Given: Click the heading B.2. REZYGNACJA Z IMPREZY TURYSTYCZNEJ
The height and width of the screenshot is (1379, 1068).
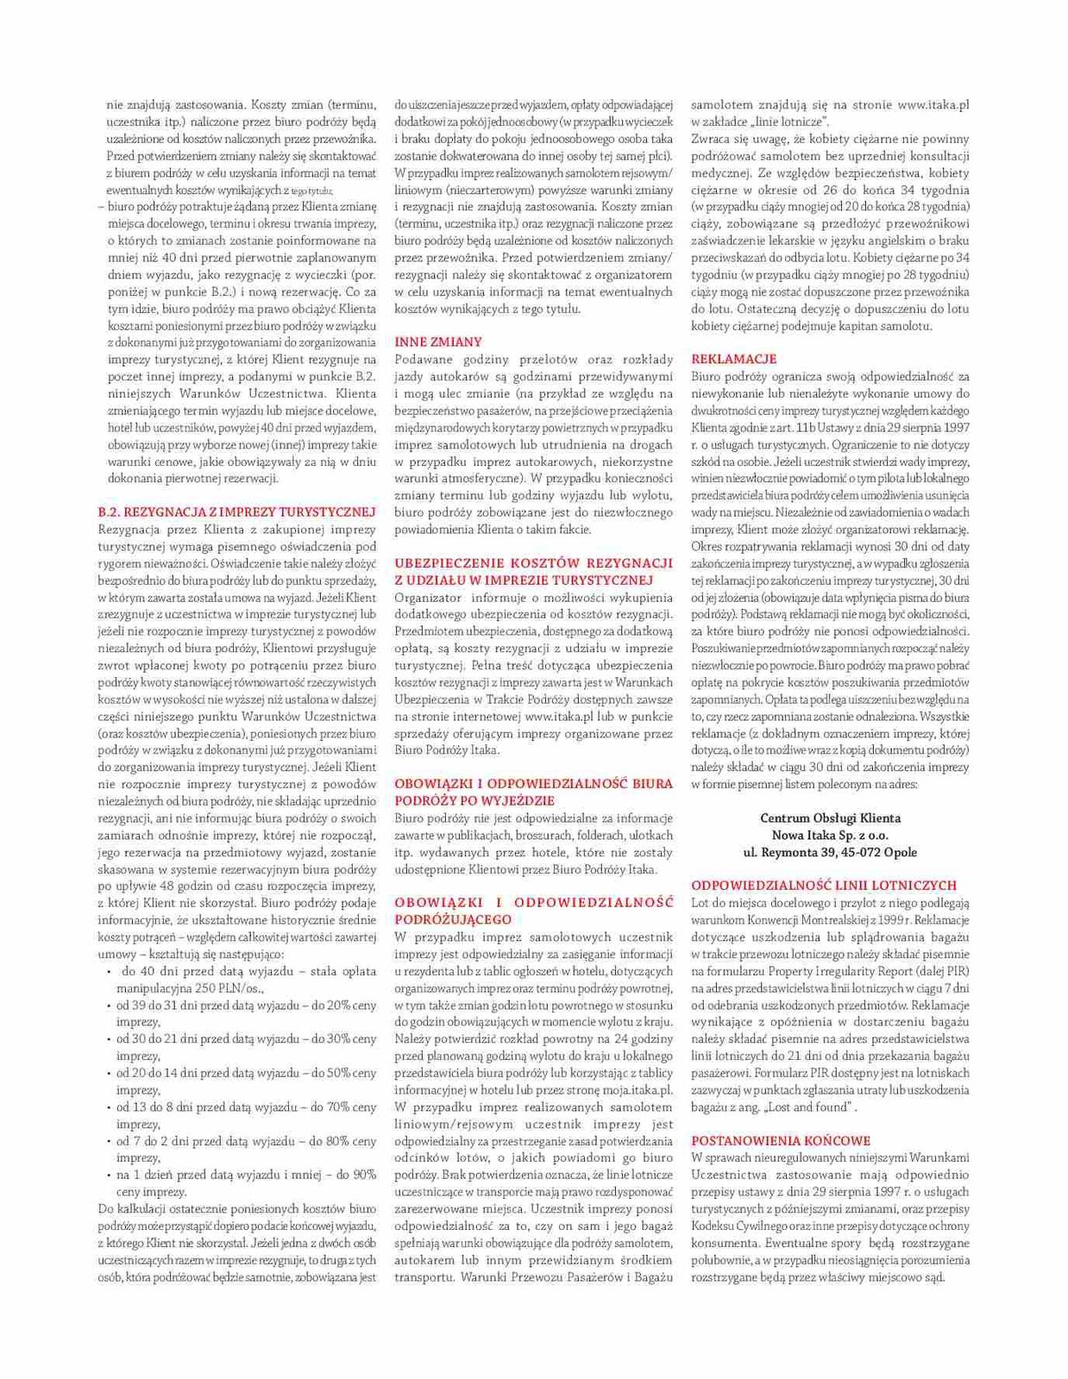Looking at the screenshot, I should click(237, 511).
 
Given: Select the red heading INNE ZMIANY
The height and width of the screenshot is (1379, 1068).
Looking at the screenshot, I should click(438, 342).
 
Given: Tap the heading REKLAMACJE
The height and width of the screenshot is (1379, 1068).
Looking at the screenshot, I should click(733, 359).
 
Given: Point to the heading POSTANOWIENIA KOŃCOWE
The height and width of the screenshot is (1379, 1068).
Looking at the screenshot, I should click(781, 1140).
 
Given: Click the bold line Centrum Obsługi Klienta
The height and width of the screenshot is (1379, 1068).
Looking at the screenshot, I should click(830, 818).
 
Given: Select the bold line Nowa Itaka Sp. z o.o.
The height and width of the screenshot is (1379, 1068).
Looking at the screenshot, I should click(830, 835).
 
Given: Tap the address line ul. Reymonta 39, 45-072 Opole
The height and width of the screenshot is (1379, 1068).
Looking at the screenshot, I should click(830, 852).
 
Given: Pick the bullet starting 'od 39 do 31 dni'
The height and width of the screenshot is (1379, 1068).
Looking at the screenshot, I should click(246, 1006).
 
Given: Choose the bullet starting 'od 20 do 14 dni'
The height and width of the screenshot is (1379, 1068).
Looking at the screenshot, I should click(246, 1074).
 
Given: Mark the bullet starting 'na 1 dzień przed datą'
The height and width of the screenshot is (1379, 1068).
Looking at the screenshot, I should click(246, 1175).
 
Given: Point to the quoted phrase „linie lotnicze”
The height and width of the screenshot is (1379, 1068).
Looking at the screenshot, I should click(788, 122).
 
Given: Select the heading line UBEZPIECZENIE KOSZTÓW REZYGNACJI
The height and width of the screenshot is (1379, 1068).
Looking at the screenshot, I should click(533, 562).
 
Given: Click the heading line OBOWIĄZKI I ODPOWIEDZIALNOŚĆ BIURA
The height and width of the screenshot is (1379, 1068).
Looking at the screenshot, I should click(533, 783).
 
